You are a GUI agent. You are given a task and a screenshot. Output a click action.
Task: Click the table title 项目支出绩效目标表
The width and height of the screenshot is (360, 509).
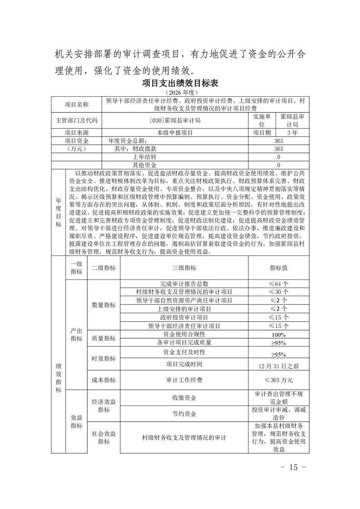(180, 83)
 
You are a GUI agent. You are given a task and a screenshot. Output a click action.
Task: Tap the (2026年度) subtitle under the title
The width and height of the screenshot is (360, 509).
(180, 93)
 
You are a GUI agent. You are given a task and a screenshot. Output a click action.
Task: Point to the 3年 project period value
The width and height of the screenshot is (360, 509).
(292, 133)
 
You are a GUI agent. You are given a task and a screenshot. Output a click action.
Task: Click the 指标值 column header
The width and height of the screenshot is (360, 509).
(279, 268)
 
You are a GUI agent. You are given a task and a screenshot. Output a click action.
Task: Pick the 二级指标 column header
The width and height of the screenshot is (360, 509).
(104, 268)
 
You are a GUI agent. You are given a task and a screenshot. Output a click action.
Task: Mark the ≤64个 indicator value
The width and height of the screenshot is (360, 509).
(279, 284)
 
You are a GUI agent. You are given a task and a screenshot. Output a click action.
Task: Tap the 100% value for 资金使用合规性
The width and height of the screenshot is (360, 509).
(279, 334)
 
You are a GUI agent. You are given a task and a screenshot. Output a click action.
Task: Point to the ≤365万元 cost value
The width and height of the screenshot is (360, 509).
(279, 380)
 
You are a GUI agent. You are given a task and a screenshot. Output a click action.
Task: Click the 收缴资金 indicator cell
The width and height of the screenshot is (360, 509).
(184, 398)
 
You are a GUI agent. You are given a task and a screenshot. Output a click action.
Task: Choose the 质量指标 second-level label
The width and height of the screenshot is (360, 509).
(104, 338)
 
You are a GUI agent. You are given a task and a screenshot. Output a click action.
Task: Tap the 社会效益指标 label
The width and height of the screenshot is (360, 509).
(104, 437)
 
